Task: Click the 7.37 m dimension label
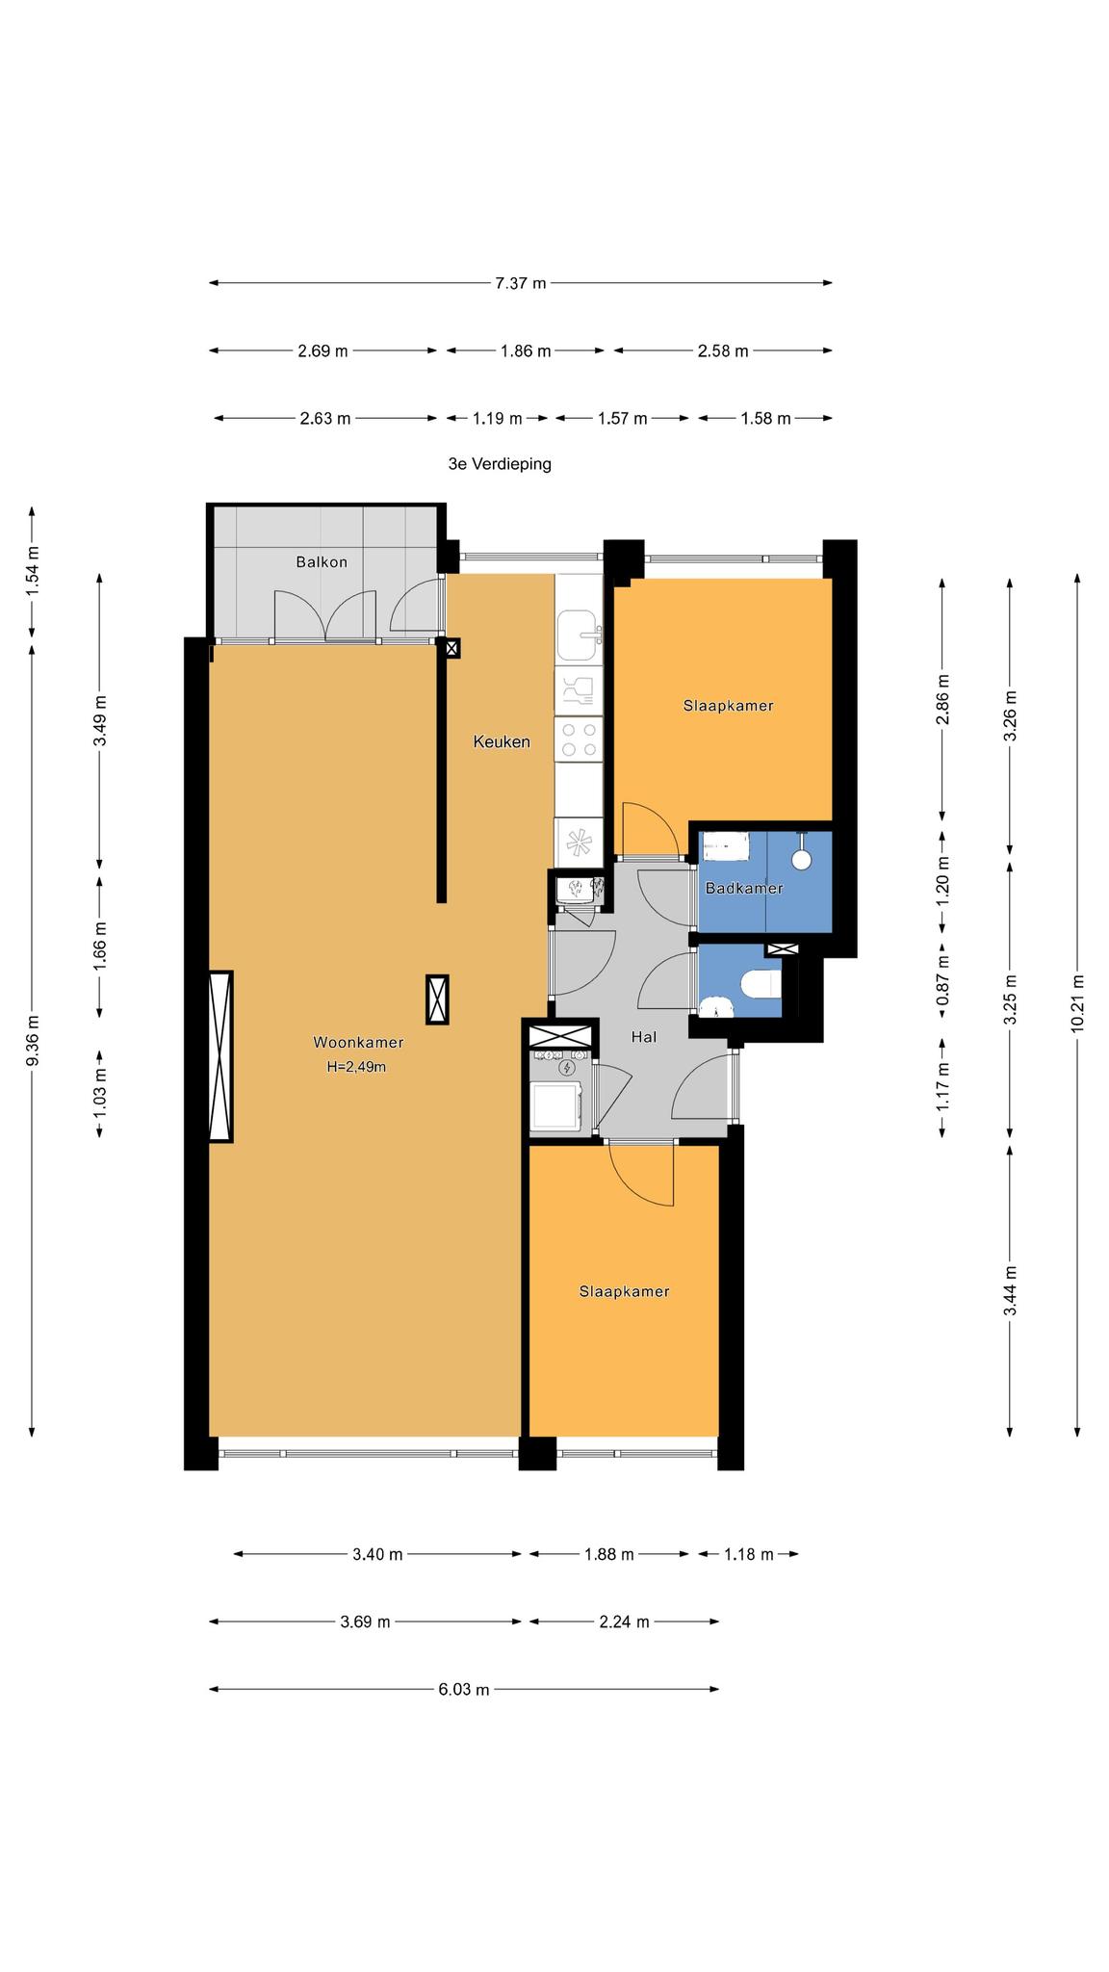(520, 283)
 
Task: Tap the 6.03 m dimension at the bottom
(464, 1689)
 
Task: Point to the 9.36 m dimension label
(33, 1040)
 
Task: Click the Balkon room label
(322, 562)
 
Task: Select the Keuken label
(502, 741)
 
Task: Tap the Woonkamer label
(358, 1042)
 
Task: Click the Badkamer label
(744, 888)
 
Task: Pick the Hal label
(643, 1037)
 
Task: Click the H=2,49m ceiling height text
(356, 1067)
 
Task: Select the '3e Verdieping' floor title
(500, 464)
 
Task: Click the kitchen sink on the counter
(578, 635)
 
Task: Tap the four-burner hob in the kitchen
(578, 739)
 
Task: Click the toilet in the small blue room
(761, 985)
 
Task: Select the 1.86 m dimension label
(526, 351)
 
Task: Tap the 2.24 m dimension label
(624, 1622)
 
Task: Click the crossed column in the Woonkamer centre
(437, 999)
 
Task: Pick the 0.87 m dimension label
(943, 979)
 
